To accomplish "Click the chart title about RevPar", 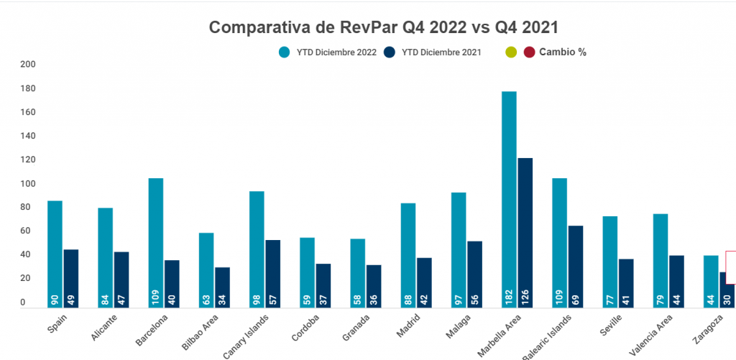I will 383,27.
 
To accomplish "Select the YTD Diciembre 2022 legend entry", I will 328,52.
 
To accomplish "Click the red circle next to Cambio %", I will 530,52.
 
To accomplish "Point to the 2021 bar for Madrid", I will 424,280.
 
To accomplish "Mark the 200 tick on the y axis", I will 28,65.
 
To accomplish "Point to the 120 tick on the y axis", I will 28,160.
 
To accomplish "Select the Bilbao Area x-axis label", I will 197,331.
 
